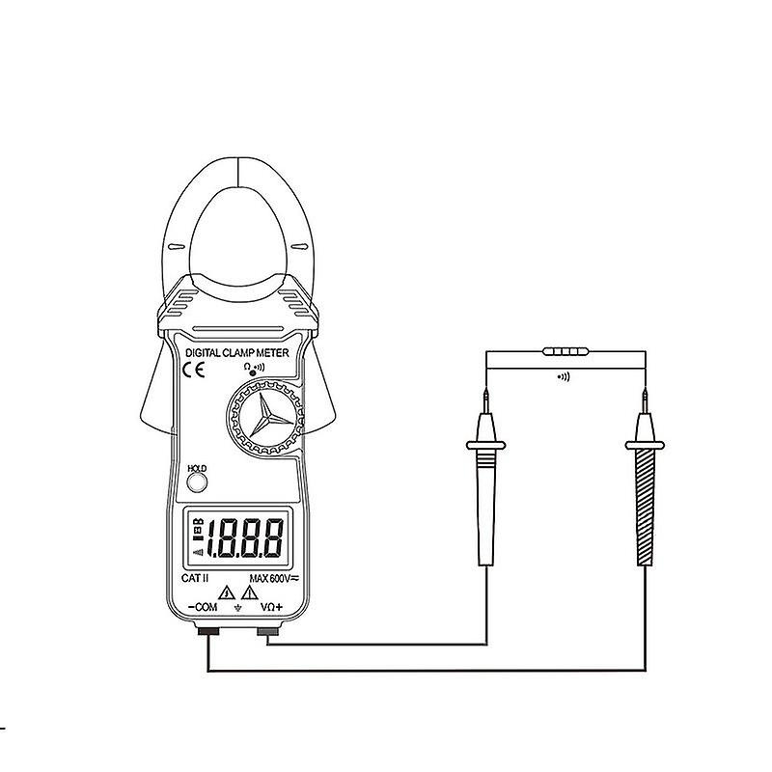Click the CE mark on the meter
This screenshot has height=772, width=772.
(194, 369)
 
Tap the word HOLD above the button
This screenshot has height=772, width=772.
(197, 468)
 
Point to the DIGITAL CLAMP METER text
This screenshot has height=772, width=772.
(236, 354)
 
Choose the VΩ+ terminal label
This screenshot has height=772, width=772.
(272, 608)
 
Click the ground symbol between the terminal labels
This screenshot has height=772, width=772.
(237, 610)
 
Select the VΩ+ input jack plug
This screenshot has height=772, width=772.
(266, 632)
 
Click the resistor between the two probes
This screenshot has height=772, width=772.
(565, 354)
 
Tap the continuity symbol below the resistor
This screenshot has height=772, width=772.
(564, 376)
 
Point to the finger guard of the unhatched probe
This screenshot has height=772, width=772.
(487, 446)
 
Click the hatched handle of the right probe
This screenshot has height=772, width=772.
(643, 511)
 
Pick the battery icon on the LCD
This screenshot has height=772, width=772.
(198, 527)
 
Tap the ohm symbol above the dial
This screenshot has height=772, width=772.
(248, 367)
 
